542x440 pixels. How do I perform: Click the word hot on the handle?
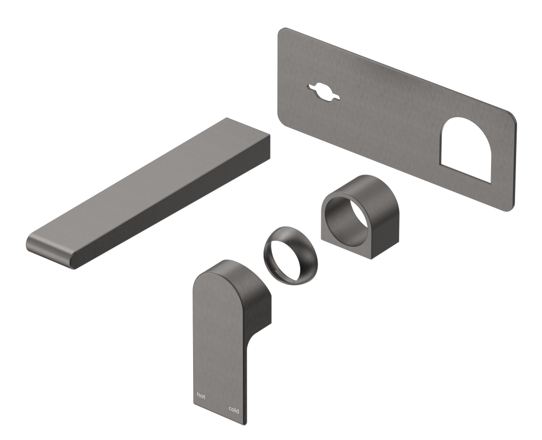point(201,395)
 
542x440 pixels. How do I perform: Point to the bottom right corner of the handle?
point(245,423)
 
